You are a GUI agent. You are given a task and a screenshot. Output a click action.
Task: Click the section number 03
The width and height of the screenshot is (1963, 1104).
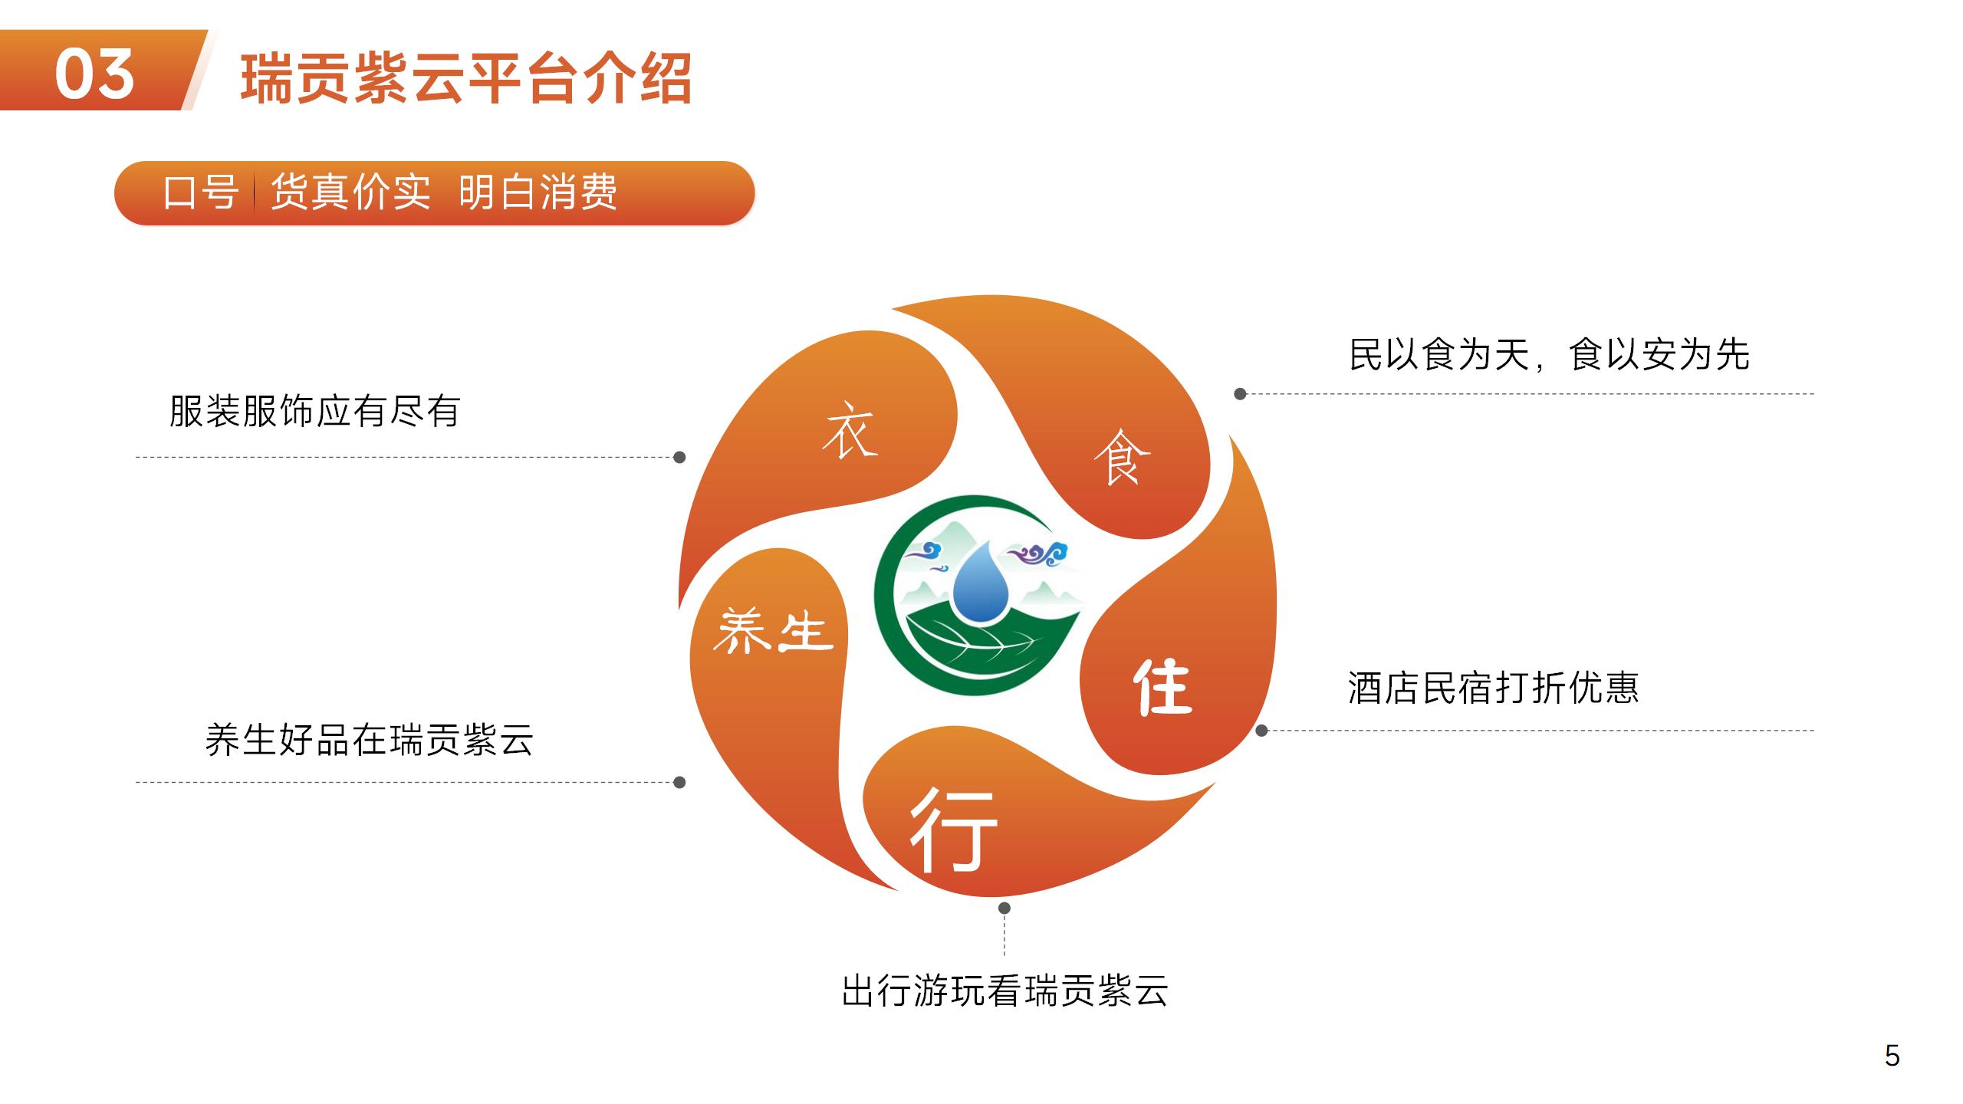point(95,74)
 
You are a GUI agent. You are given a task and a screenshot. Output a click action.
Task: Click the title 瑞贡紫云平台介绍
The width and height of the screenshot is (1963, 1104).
point(466,77)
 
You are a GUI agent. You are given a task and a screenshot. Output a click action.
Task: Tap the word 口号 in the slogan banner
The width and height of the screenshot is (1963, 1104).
point(200,192)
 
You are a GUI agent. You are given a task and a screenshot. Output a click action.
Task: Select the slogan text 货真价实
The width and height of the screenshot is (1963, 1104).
point(351,192)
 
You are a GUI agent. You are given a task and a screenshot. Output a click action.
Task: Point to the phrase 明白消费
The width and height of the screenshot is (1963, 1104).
point(538,192)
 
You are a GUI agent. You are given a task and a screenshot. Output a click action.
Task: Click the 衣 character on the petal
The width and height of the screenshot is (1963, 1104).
point(849,430)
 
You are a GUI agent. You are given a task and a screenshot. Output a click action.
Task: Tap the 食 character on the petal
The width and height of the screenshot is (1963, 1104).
point(1121,456)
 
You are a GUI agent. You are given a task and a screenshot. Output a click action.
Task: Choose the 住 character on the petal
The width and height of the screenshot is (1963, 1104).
point(1162,686)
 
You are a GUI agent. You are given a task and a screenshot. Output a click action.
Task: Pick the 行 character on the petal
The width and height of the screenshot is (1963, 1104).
point(953,830)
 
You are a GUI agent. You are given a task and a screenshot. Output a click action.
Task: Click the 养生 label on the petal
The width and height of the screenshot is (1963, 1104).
point(773,631)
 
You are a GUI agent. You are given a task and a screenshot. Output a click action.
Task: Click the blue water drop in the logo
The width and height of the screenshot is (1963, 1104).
point(981,582)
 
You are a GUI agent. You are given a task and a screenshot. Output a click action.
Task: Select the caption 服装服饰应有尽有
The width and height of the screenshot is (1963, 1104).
point(314,412)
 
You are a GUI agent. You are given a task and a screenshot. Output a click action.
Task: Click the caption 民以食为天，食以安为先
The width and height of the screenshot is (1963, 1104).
point(1549,354)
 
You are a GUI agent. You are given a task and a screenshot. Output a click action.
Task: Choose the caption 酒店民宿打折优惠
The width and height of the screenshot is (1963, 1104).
point(1494,687)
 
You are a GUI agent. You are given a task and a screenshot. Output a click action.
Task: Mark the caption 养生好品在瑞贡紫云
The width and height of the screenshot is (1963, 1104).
point(369,740)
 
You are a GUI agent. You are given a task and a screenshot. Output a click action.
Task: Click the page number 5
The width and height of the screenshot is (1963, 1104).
point(1892,1056)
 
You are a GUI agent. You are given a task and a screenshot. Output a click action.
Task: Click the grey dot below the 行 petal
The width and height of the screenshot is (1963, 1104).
point(1005,908)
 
